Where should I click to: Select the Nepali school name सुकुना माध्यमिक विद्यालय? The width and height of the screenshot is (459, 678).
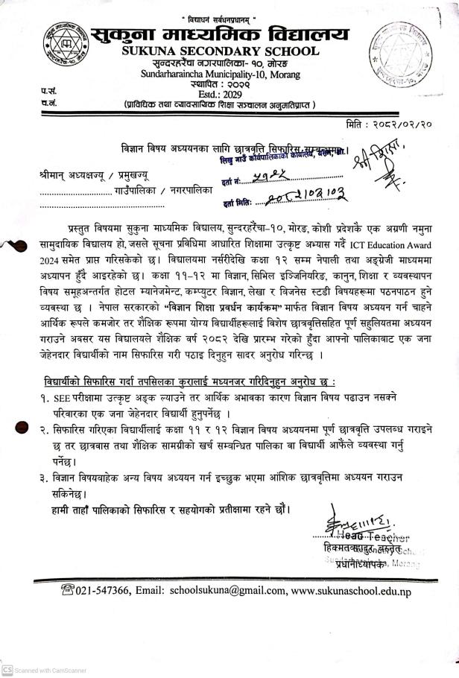[219, 32]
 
